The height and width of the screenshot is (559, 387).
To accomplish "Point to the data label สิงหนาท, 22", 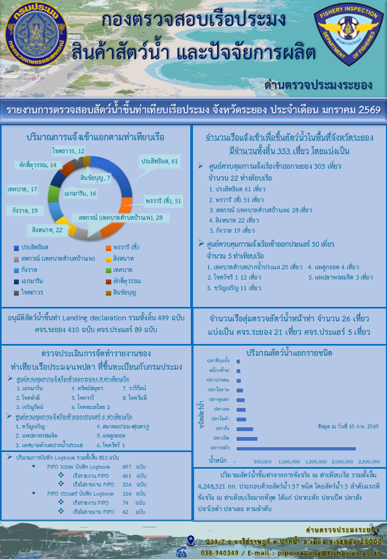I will [47, 230].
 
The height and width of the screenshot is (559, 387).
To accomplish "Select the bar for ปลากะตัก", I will [296, 448].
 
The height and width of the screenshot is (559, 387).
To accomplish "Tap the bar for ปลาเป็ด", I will [247, 439].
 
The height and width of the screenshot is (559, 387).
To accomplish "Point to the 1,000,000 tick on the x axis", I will [290, 461].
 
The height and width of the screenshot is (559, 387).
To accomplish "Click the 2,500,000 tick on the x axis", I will [369, 461].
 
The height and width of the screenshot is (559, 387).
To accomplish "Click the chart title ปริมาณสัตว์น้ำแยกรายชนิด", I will [289, 353].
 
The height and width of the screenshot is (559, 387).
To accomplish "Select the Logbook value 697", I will [127, 467].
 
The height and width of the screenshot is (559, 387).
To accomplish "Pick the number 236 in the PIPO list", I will [127, 484].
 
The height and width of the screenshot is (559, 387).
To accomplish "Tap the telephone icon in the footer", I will [182, 552].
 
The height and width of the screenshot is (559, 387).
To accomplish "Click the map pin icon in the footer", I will [191, 540].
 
